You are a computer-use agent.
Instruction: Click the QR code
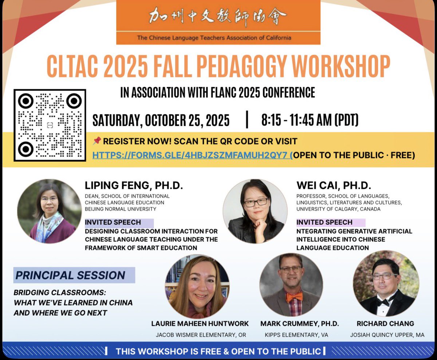[50, 125]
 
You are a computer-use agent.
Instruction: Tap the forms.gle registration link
[192, 155]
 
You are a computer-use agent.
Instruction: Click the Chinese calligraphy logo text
[218, 17]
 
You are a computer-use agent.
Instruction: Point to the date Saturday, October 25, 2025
[161, 120]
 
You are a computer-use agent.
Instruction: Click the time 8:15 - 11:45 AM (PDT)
[310, 120]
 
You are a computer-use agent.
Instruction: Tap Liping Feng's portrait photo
[49, 211]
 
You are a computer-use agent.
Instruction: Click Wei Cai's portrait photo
[255, 211]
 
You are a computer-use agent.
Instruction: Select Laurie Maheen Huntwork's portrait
[197, 287]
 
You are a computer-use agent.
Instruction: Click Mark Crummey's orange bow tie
[294, 296]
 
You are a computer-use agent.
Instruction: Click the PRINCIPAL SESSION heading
[70, 275]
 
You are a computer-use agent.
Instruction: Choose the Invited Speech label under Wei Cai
[324, 222]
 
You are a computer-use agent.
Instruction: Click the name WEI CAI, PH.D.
[334, 186]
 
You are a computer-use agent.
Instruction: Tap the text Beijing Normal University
[121, 209]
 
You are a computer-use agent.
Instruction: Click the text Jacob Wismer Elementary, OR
[200, 335]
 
